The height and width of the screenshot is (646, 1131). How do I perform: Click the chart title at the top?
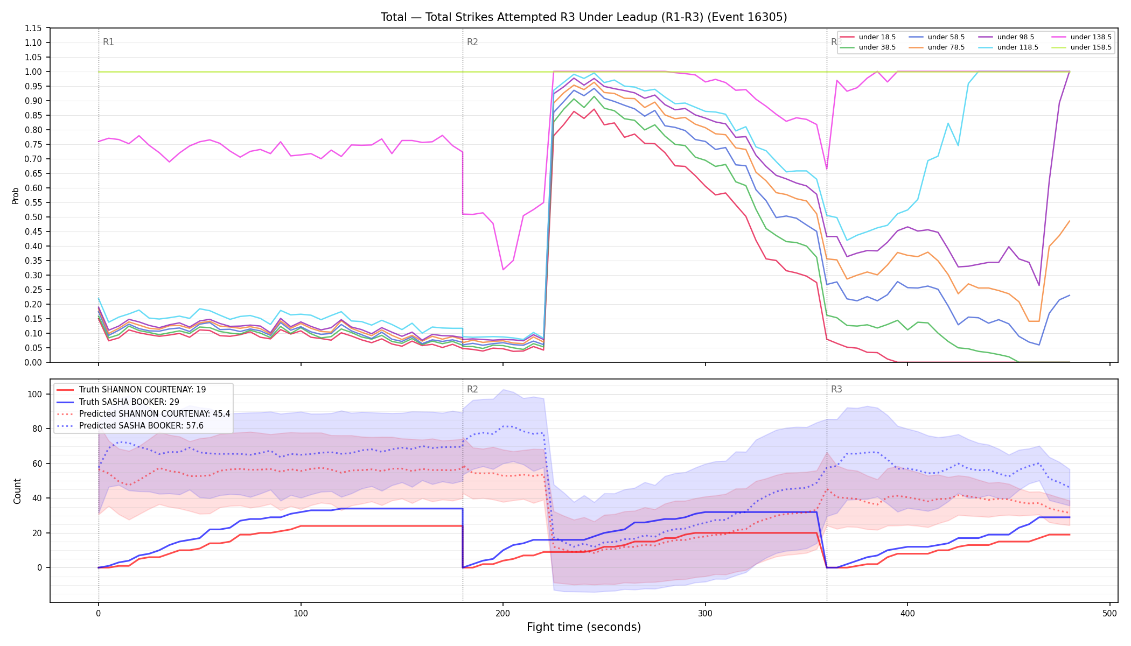(x=584, y=17)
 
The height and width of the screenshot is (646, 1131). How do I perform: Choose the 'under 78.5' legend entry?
(x=937, y=47)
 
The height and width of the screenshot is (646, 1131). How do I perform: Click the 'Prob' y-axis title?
(x=16, y=195)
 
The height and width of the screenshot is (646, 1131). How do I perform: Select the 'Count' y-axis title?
(x=17, y=491)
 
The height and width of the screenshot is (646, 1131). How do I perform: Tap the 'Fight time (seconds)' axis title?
(x=584, y=627)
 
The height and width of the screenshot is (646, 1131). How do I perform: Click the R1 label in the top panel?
(x=108, y=42)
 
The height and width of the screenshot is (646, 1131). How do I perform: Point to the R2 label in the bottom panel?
(x=472, y=389)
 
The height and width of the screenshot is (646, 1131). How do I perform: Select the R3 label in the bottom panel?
(x=836, y=389)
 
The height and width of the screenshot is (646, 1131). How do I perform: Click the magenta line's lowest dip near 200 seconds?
(x=503, y=269)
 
